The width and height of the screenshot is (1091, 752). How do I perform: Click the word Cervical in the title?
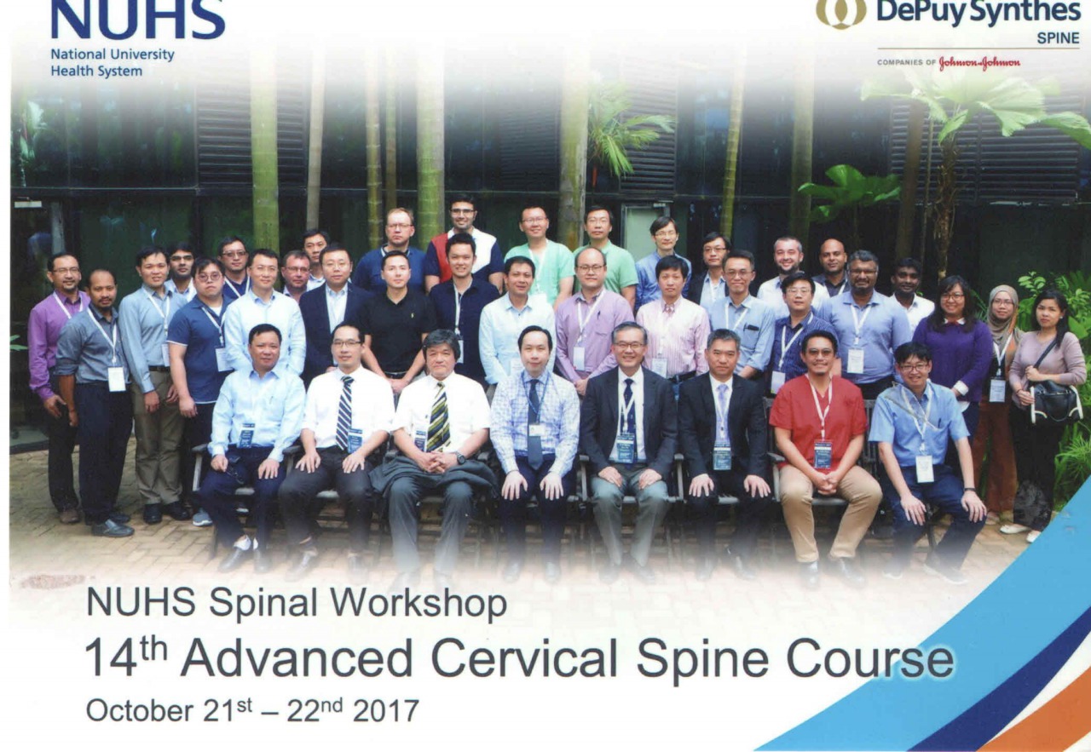click(x=524, y=658)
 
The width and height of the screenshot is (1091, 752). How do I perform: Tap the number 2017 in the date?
click(x=386, y=711)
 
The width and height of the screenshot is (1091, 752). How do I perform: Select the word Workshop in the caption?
click(x=419, y=604)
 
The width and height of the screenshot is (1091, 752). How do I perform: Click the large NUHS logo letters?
click(x=138, y=19)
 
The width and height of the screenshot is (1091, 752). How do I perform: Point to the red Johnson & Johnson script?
click(x=979, y=63)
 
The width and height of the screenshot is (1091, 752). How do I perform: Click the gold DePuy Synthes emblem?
click(x=841, y=13)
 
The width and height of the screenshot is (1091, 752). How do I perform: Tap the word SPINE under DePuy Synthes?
click(x=1058, y=38)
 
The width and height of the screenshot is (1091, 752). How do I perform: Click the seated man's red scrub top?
click(x=818, y=420)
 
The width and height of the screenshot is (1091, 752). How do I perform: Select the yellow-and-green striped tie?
click(x=438, y=417)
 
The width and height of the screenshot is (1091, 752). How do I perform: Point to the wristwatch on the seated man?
click(x=460, y=458)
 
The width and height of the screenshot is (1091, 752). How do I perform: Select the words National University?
click(x=113, y=55)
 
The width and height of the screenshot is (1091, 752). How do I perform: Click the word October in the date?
click(x=141, y=711)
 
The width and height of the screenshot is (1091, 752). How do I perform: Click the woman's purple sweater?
click(x=954, y=358)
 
